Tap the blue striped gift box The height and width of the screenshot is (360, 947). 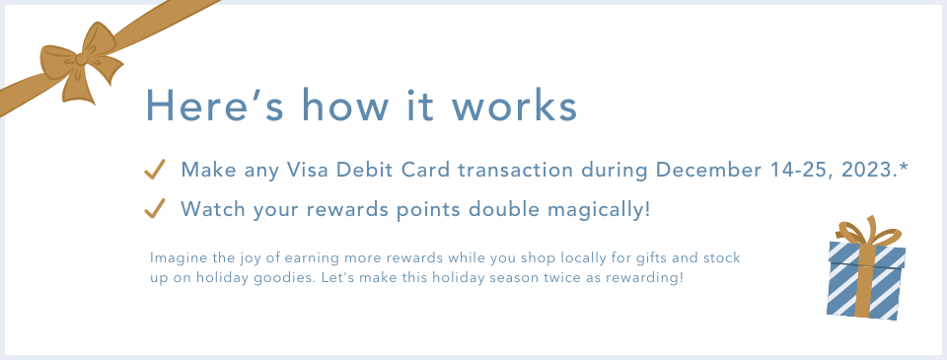tap(866, 280)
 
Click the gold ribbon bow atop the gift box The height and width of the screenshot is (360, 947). tap(868, 232)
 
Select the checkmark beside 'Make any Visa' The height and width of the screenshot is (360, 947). tap(155, 170)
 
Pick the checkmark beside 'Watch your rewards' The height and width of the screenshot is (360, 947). tap(155, 208)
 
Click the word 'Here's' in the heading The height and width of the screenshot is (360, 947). tap(214, 106)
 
